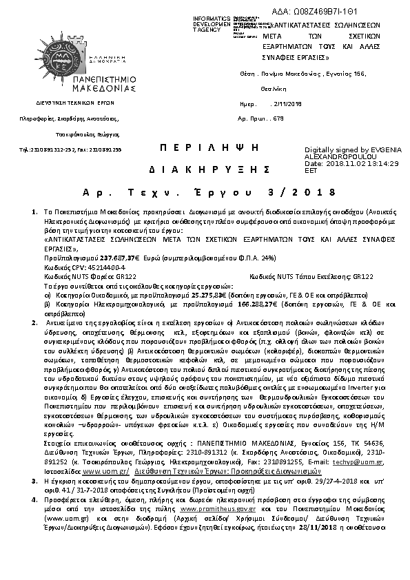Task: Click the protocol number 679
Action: coord(278,118)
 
